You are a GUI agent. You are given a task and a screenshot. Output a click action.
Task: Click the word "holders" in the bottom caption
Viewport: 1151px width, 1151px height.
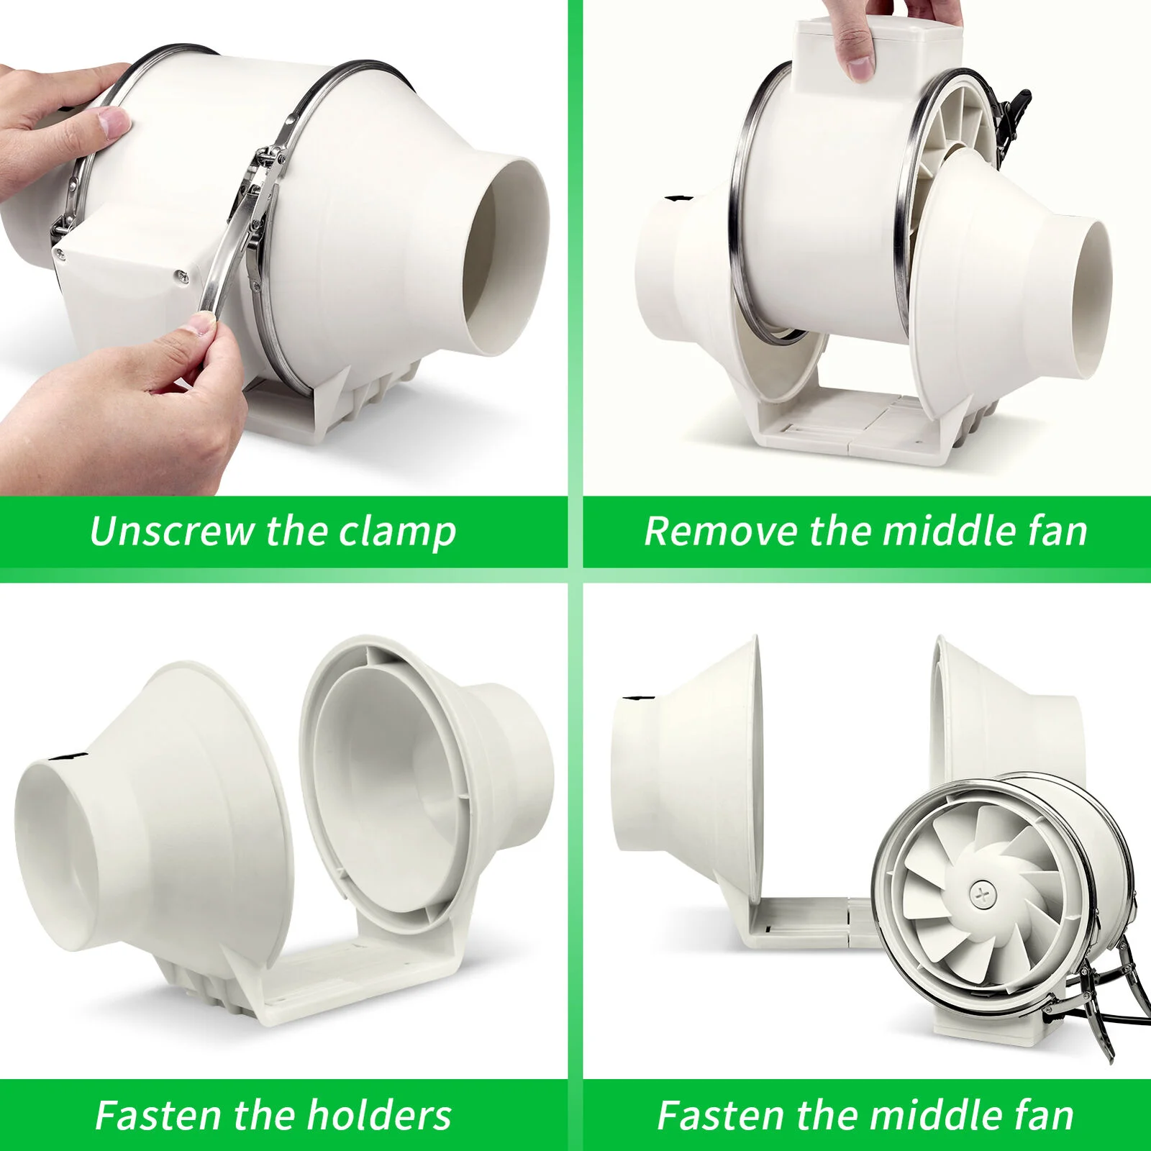point(379,1115)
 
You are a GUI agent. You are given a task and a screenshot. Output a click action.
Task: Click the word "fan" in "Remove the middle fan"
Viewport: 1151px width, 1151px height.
point(1057,531)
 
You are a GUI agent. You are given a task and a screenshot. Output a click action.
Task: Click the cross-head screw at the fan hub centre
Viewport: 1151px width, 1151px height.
point(980,895)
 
